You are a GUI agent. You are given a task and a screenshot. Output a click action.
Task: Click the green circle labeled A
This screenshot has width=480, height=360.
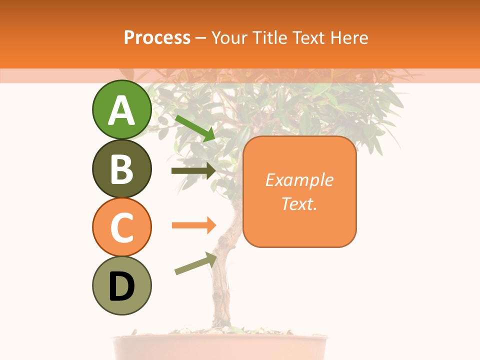[121, 110]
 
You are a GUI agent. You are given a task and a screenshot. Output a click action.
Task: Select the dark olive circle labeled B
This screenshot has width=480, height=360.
[121, 168]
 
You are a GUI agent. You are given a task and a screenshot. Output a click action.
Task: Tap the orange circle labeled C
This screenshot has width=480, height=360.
[121, 227]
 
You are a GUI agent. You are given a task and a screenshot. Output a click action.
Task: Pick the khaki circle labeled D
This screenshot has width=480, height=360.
[121, 285]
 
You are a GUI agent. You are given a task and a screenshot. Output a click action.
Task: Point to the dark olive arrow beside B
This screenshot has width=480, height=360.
[193, 171]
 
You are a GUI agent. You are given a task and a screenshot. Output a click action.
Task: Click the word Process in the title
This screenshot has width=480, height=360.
[157, 37]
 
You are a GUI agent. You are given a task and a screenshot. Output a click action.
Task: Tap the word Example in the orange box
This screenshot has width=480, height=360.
[299, 180]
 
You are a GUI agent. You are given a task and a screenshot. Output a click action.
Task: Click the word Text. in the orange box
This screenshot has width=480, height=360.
[299, 203]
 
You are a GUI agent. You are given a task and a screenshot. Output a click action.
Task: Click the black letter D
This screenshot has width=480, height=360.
[121, 286]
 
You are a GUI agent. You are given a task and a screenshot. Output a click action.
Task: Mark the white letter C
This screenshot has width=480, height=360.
[121, 228]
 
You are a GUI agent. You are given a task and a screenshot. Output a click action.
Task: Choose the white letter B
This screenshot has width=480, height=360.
[121, 169]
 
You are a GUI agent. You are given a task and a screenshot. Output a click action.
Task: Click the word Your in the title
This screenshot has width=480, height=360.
[229, 37]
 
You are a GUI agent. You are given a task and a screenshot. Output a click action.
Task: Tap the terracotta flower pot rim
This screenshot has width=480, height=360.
[220, 340]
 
